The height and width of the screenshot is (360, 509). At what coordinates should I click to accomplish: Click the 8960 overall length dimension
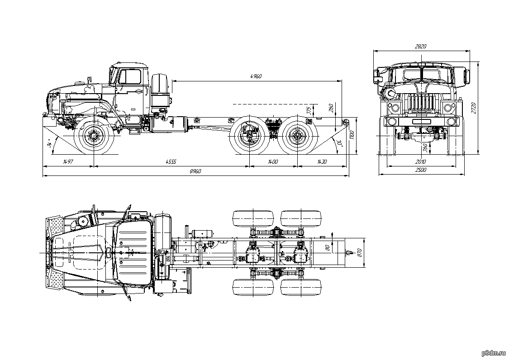(x=195, y=171)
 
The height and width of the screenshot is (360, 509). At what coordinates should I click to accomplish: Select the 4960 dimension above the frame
(x=256, y=76)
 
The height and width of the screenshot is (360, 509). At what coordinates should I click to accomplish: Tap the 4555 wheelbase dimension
(x=170, y=161)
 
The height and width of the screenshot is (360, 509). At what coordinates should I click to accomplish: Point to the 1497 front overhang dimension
(x=68, y=161)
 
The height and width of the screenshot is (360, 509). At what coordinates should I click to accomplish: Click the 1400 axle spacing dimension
(x=273, y=161)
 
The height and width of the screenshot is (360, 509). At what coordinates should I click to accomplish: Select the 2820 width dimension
(x=421, y=46)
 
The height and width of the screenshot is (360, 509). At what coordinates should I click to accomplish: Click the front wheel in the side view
(x=94, y=135)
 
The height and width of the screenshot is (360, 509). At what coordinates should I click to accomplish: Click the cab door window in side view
(x=130, y=77)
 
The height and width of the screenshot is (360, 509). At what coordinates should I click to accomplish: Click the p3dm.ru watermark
(x=492, y=351)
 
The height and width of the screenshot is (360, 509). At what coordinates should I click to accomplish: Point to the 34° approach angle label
(x=49, y=144)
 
